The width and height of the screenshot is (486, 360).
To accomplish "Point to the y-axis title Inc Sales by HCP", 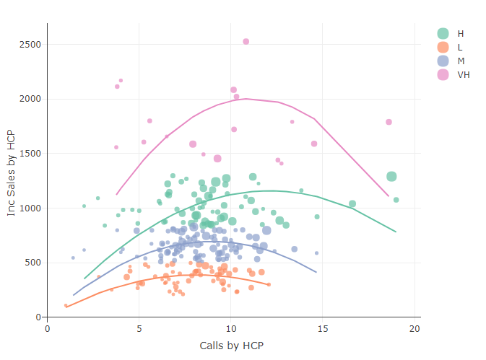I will click(11, 173).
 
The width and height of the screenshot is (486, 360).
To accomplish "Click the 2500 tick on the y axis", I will click(30, 44).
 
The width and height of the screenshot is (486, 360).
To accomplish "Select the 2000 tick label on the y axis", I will click(30, 99).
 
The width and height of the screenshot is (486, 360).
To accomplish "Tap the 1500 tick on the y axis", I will click(30, 154).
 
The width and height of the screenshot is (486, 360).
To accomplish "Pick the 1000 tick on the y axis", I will click(30, 208).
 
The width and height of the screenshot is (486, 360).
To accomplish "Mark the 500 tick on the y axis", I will click(32, 263).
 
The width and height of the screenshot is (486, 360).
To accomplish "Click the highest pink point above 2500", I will click(246, 41).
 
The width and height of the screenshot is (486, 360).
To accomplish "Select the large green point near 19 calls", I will click(391, 176).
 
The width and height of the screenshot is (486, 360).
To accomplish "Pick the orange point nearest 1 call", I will click(66, 305).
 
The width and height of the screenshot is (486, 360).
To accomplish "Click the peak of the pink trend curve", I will click(246, 99).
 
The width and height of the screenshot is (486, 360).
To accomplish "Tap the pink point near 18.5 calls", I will click(389, 122).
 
